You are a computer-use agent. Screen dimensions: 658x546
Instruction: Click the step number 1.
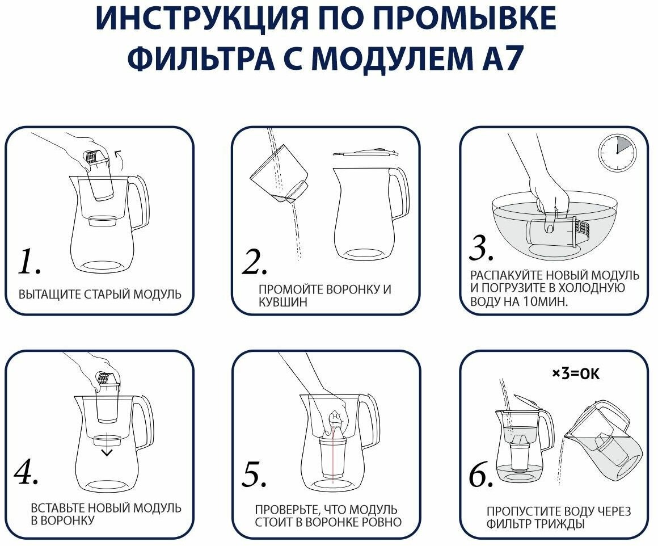coord(29,262)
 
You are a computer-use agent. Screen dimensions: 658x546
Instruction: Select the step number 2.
coord(254,262)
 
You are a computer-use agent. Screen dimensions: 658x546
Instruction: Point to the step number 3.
coord(482,247)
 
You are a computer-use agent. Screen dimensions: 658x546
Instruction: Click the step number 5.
coord(254,474)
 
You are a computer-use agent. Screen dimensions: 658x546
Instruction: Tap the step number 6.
coord(481,474)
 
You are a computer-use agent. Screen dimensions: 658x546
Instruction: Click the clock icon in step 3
coord(617,153)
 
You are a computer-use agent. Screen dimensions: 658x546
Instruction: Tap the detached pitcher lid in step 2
coord(365,152)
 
